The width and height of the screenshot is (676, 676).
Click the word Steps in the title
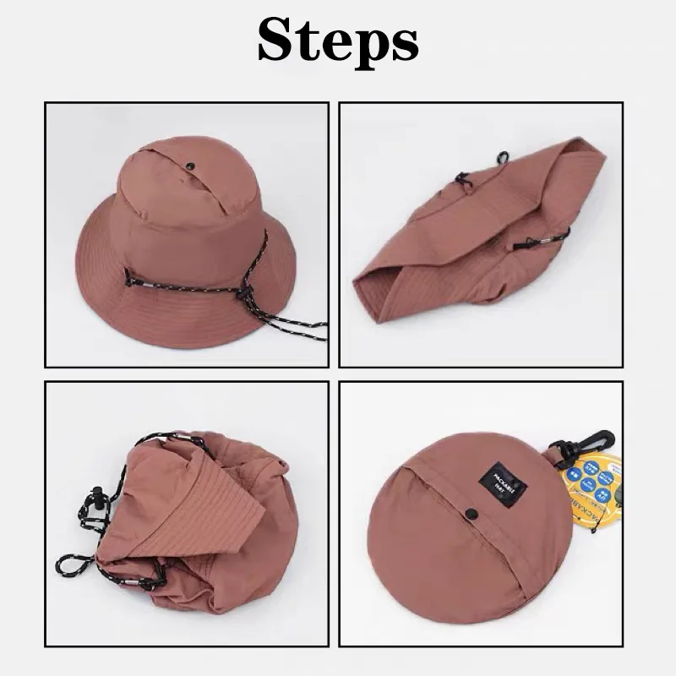tap(338, 40)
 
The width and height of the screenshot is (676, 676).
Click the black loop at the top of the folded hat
tap(502, 157)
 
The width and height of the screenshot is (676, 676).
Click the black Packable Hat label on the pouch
tap(504, 482)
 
